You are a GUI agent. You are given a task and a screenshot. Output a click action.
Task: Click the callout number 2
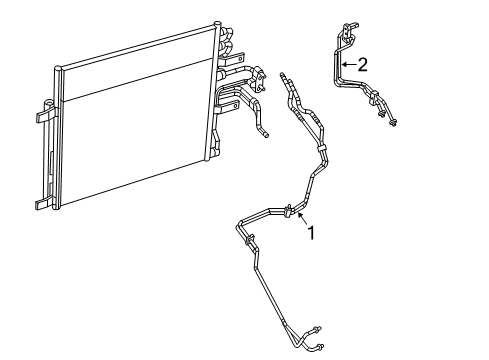(x=362, y=65)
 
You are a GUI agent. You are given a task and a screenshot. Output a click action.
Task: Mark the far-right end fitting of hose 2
(x=397, y=124)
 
